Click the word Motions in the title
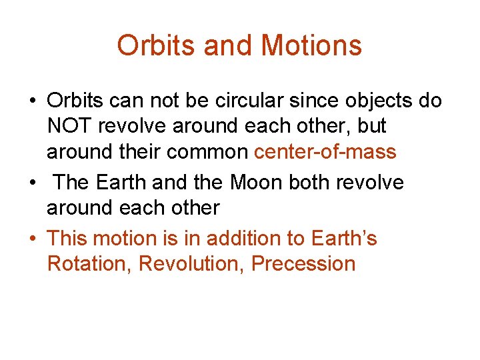click(x=311, y=46)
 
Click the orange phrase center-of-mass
click(x=325, y=152)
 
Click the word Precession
click(x=303, y=263)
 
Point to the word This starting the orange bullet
click(x=69, y=238)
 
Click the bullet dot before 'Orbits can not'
click(x=31, y=101)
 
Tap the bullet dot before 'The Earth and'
click(x=31, y=183)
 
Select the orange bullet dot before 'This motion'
click(x=31, y=239)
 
